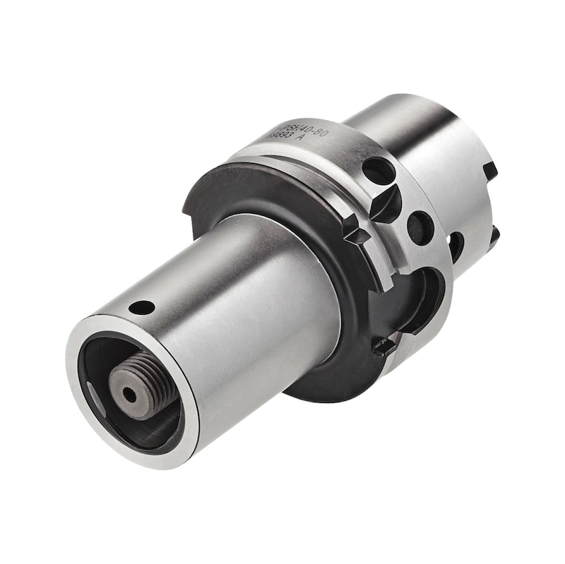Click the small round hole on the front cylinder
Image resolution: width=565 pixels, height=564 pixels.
coord(143,307)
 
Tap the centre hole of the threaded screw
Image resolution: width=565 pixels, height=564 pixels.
coord(131,395)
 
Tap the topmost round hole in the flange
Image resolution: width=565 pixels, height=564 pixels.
coord(378,171)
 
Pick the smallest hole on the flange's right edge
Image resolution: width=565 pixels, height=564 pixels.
coord(456,246)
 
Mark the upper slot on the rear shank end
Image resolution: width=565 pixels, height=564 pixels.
coord(489,170)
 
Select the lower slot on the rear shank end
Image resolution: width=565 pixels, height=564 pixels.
coord(494,234)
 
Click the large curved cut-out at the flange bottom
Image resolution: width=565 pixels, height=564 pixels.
coord(421,296)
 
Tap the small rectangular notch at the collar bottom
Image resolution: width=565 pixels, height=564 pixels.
coord(384,347)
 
